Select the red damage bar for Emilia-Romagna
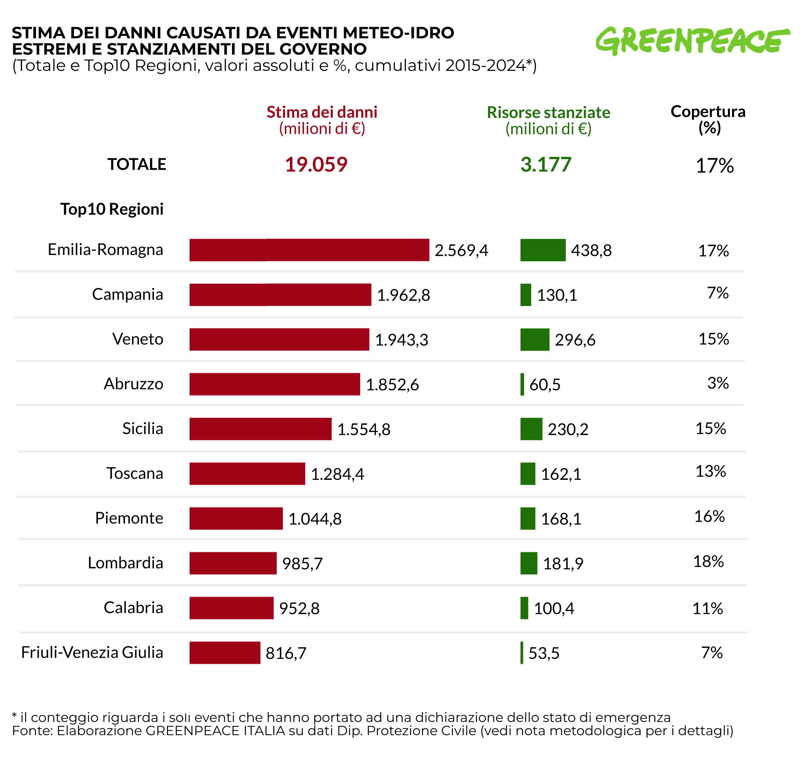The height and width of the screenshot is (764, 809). [309, 250]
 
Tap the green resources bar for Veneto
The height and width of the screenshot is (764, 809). [535, 340]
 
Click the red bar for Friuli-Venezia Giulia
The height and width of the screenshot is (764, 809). [225, 653]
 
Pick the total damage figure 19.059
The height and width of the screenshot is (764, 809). [316, 165]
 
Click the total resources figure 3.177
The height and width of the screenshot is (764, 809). [546, 165]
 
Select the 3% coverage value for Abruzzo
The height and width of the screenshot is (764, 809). [718, 383]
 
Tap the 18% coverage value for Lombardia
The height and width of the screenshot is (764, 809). [708, 562]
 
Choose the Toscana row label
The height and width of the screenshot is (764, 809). [135, 474]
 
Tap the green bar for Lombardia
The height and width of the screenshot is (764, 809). [529, 563]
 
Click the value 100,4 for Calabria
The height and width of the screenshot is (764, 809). [554, 608]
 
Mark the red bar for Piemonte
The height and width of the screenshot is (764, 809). [236, 518]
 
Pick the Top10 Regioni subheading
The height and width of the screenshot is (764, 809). [112, 209]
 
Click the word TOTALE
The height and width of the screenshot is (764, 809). [137, 164]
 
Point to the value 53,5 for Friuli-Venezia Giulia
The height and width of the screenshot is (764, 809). [544, 653]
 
